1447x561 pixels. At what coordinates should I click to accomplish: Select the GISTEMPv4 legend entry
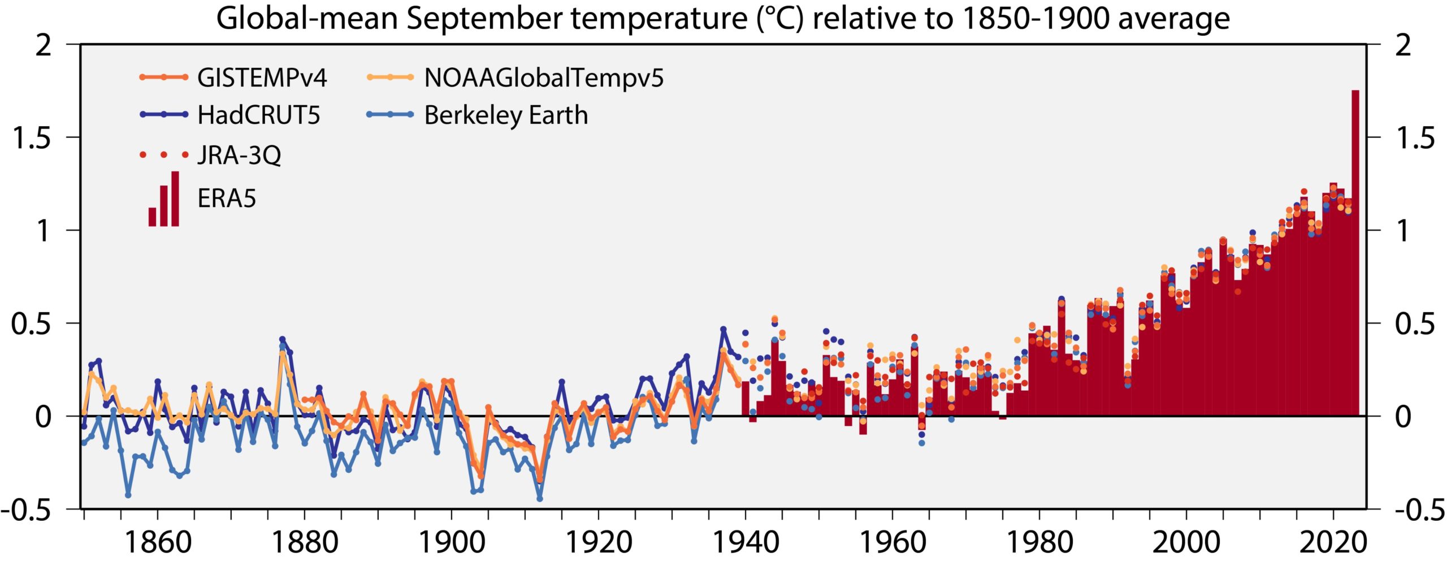pos(262,77)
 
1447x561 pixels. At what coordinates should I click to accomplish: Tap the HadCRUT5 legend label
pos(258,115)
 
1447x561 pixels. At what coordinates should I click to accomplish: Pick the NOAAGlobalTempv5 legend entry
pos(544,77)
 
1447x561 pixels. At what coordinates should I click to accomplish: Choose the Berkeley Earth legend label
pos(506,115)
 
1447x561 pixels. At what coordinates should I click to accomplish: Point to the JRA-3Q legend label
pos(239,154)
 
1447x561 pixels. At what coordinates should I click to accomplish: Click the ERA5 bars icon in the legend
pos(164,199)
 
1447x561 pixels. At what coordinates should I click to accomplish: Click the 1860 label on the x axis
pos(158,542)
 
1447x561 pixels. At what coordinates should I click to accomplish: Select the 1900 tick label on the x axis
pos(452,542)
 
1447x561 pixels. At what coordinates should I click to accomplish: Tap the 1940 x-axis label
pos(746,542)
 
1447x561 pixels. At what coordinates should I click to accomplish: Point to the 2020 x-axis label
pos(1333,542)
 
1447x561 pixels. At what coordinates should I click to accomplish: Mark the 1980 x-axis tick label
pos(1039,542)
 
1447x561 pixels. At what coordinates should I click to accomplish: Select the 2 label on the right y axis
pos(1403,45)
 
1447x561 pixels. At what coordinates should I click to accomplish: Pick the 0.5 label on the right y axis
pos(1415,323)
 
